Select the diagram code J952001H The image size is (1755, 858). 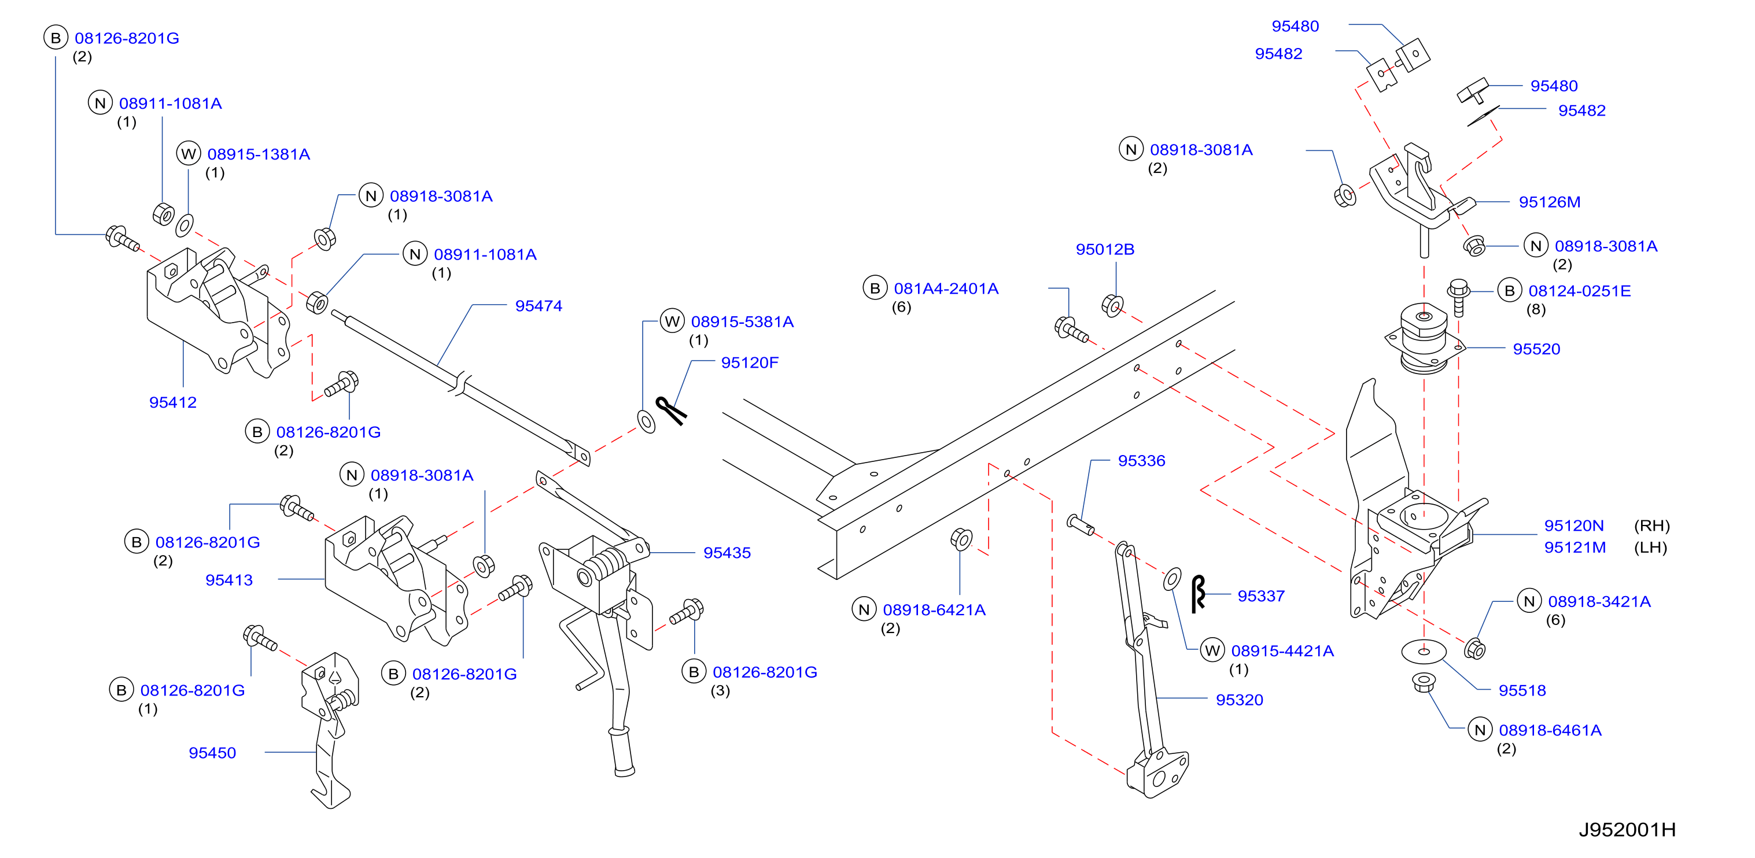1627,830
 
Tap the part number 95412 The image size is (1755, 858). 172,402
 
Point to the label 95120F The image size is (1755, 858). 750,363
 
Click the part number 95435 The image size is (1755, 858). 727,553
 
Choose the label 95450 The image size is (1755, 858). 212,753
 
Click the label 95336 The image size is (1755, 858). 1141,461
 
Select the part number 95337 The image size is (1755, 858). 1261,597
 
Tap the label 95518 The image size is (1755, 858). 1522,690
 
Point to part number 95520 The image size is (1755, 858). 1536,349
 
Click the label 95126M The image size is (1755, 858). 1549,202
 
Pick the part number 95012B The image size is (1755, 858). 1104,250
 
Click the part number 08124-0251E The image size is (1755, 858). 1579,291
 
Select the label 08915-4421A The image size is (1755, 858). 1282,651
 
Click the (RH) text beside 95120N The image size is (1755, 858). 1651,526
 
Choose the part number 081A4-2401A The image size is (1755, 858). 946,289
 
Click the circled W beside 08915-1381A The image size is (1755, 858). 189,154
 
